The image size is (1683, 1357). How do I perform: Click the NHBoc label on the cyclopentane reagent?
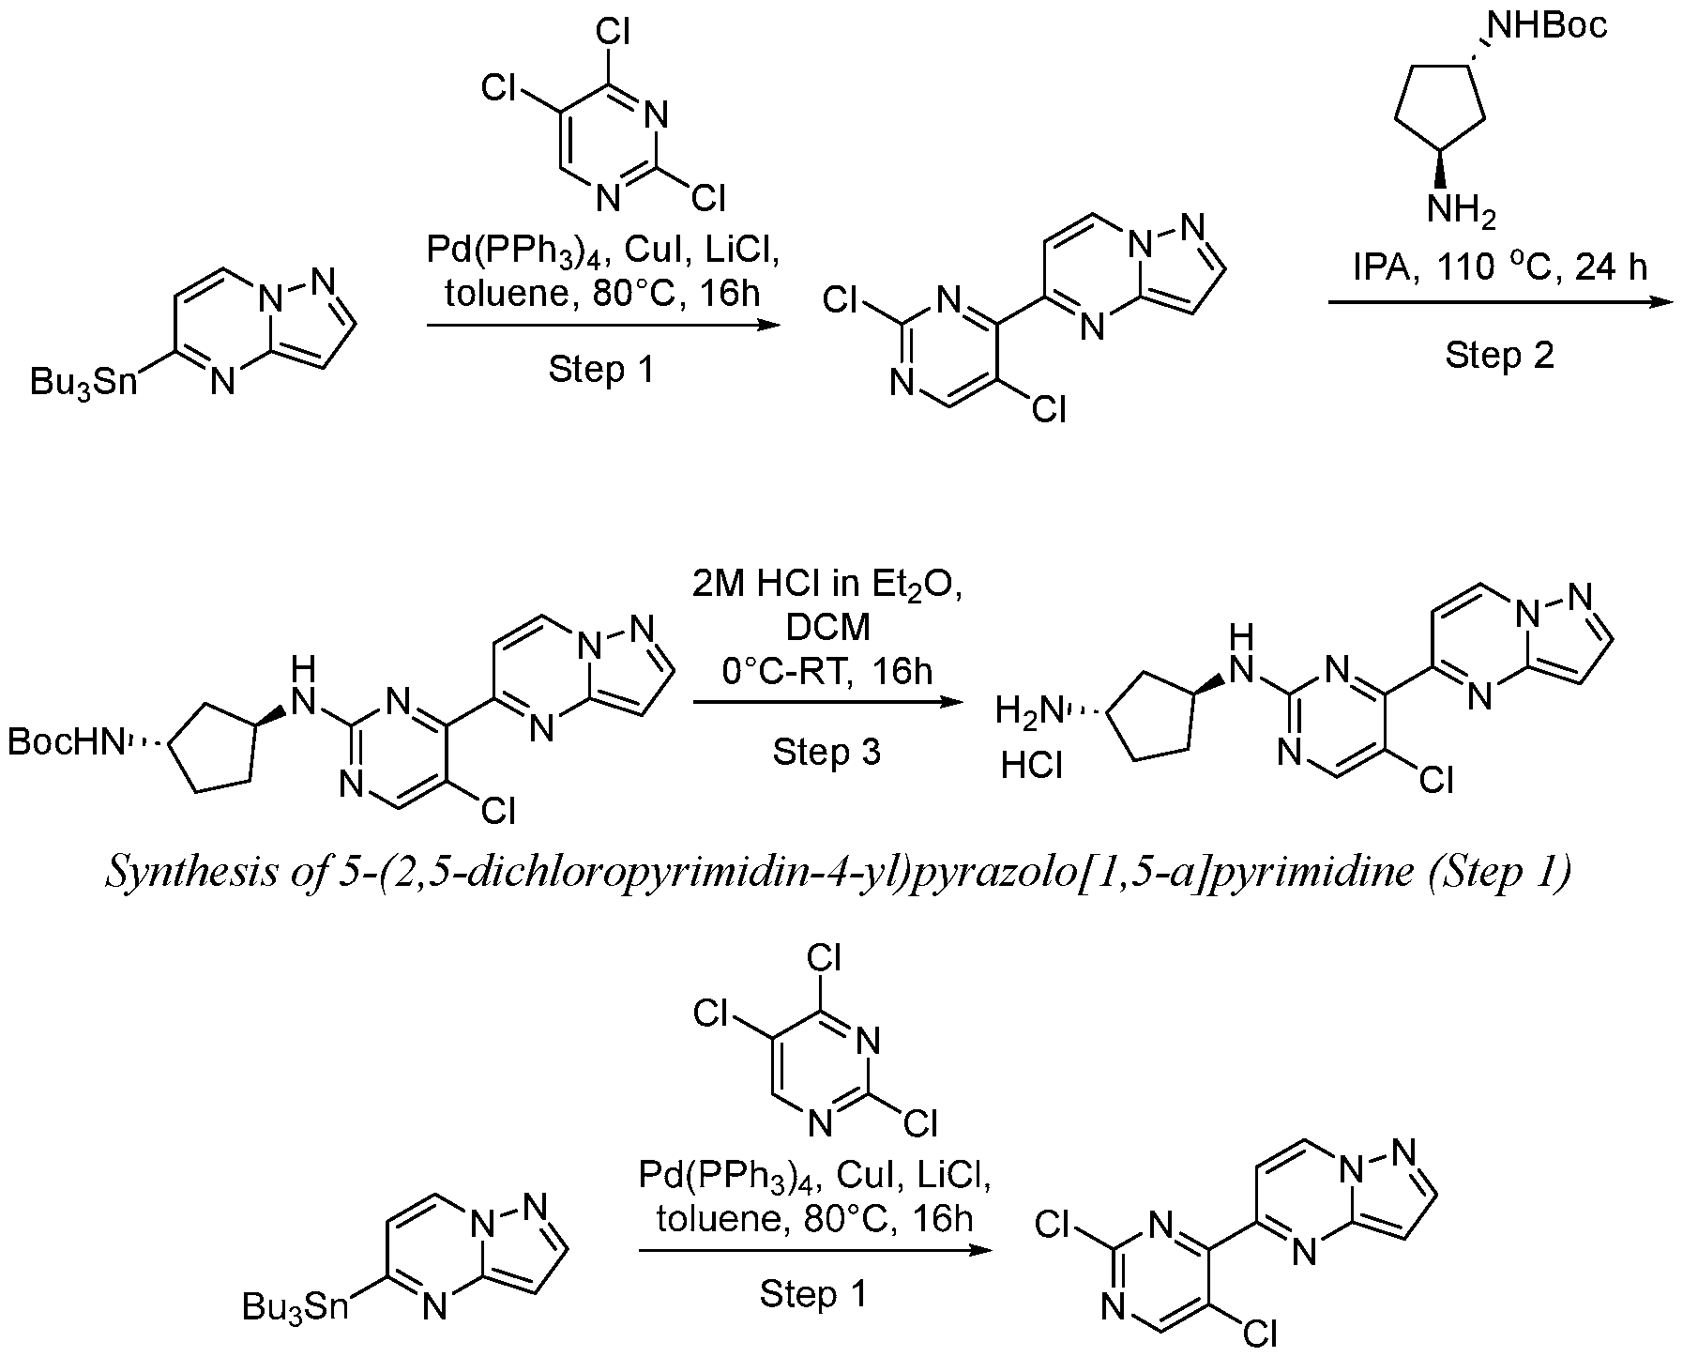click(1548, 25)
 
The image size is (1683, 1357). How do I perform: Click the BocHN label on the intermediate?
click(65, 742)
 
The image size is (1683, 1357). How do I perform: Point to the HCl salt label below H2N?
click(1031, 767)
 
